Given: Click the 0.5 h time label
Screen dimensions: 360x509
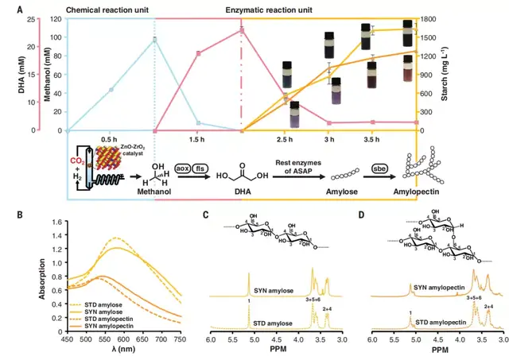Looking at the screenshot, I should (x=111, y=139).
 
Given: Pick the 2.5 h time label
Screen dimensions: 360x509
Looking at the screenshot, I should (x=286, y=139).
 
